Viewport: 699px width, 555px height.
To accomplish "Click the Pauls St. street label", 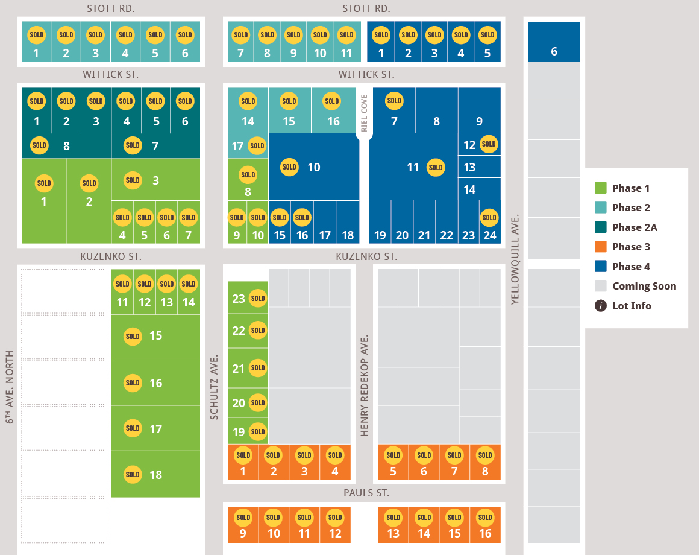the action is pyautogui.click(x=366, y=493).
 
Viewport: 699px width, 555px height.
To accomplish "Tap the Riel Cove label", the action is pyautogui.click(x=364, y=113).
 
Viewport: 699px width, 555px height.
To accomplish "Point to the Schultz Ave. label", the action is pyautogui.click(x=214, y=387).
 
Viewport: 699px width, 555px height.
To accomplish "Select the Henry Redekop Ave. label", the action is pyautogui.click(x=364, y=385).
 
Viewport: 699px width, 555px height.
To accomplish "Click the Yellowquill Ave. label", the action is pyautogui.click(x=515, y=259).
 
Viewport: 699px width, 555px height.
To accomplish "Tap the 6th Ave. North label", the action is pyautogui.click(x=10, y=387).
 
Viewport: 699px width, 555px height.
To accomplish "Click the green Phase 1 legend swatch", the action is pyautogui.click(x=601, y=188).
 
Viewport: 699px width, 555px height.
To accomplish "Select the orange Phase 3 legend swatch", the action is pyautogui.click(x=601, y=247).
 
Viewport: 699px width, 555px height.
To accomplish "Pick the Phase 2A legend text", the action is pyautogui.click(x=635, y=227).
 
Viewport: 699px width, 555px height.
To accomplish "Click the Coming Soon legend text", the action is pyautogui.click(x=644, y=287).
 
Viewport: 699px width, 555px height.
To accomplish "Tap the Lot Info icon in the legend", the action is pyautogui.click(x=601, y=306).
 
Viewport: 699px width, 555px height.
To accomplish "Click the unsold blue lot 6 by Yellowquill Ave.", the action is pyautogui.click(x=554, y=42).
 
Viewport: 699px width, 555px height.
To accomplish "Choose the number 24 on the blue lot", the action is pyautogui.click(x=490, y=235).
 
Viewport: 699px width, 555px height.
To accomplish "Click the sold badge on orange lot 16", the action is pyautogui.click(x=485, y=518).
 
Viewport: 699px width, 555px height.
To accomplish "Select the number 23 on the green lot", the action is pyautogui.click(x=239, y=299).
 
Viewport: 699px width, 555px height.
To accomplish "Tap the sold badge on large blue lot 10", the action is pyautogui.click(x=289, y=167).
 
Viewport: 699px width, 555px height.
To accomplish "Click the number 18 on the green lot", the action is pyautogui.click(x=156, y=475).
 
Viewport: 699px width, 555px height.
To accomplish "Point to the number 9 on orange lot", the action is pyautogui.click(x=243, y=534).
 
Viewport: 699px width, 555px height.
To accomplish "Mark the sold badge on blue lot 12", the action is pyautogui.click(x=489, y=144).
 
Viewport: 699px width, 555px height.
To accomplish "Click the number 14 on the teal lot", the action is pyautogui.click(x=248, y=121).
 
